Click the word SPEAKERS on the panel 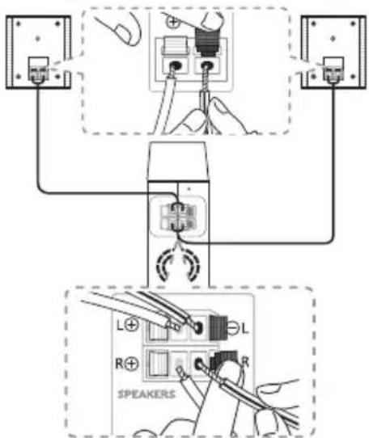coord(146,394)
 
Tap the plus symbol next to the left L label coord(131,325)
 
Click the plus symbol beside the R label coord(131,364)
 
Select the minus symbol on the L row coord(234,327)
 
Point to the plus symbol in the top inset coord(173,22)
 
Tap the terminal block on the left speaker coord(39,69)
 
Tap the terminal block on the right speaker coord(333,69)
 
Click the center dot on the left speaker coord(38,38)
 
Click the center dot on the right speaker coord(333,38)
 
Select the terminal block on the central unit coord(178,217)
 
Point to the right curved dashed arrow coord(192,264)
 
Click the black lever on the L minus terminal coord(218,328)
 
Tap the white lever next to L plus coord(159,330)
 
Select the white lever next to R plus coord(159,364)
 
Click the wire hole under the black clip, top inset coord(207,66)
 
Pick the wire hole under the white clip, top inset coord(176,66)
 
